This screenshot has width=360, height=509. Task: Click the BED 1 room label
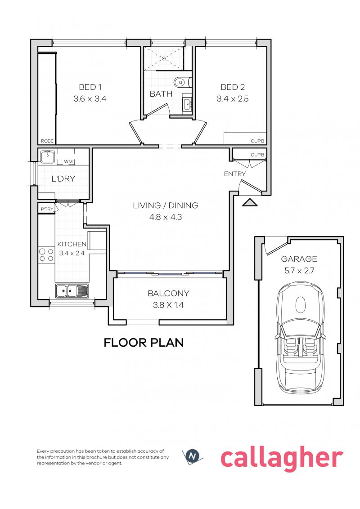[x=90, y=87]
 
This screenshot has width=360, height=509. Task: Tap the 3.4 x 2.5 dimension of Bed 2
[x=233, y=98]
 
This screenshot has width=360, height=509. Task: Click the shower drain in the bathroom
[x=164, y=58]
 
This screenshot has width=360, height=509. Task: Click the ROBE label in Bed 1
[x=47, y=141]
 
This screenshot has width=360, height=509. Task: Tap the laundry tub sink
[x=47, y=156]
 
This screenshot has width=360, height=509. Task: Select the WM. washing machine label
[x=68, y=161]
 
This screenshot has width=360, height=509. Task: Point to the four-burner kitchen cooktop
[x=46, y=255]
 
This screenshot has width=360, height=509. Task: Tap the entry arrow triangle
[x=249, y=203]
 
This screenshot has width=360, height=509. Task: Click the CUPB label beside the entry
[x=257, y=155]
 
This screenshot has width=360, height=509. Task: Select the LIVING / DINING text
[x=166, y=205]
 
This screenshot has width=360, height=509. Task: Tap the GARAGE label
[x=299, y=259]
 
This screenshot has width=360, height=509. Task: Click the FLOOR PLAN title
[x=144, y=343]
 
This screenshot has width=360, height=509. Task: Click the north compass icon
[x=192, y=456]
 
